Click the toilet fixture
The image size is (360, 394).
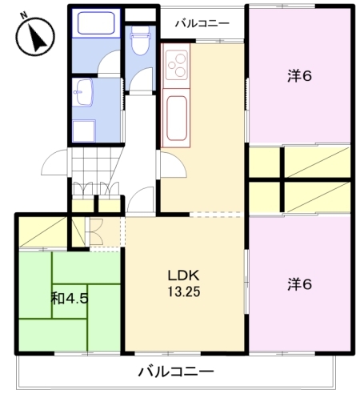point(141,40)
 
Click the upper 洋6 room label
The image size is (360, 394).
point(299,77)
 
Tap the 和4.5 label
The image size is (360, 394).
point(69,299)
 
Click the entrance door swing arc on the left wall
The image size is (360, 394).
point(54,163)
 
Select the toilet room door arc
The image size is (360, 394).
point(142,80)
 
